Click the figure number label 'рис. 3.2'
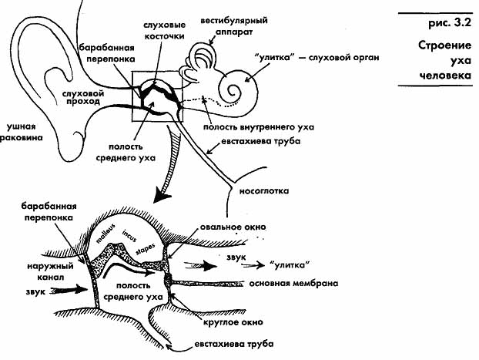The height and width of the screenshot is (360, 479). click(451, 24)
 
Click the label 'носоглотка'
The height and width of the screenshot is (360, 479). click(264, 191)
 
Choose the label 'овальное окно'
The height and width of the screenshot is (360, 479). click(233, 227)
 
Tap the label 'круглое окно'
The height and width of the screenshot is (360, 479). click(233, 322)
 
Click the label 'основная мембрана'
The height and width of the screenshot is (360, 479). click(293, 283)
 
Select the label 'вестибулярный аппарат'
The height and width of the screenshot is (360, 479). click(234, 25)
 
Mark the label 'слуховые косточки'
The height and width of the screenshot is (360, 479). click(164, 30)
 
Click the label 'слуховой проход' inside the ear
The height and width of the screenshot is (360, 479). click(83, 98)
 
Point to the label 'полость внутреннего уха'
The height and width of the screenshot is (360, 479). click(259, 127)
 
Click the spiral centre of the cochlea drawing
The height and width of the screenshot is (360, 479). click(235, 90)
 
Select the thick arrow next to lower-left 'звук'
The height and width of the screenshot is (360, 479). click(69, 289)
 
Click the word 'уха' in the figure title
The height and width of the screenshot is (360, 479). click(461, 61)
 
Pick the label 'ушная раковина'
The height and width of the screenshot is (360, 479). click(22, 132)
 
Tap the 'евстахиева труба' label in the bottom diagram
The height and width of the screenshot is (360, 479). click(234, 344)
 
